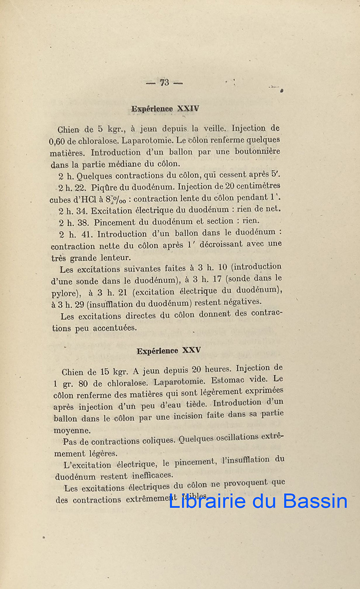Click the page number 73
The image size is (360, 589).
tap(164, 82)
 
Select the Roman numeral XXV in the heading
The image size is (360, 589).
tap(191, 350)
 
